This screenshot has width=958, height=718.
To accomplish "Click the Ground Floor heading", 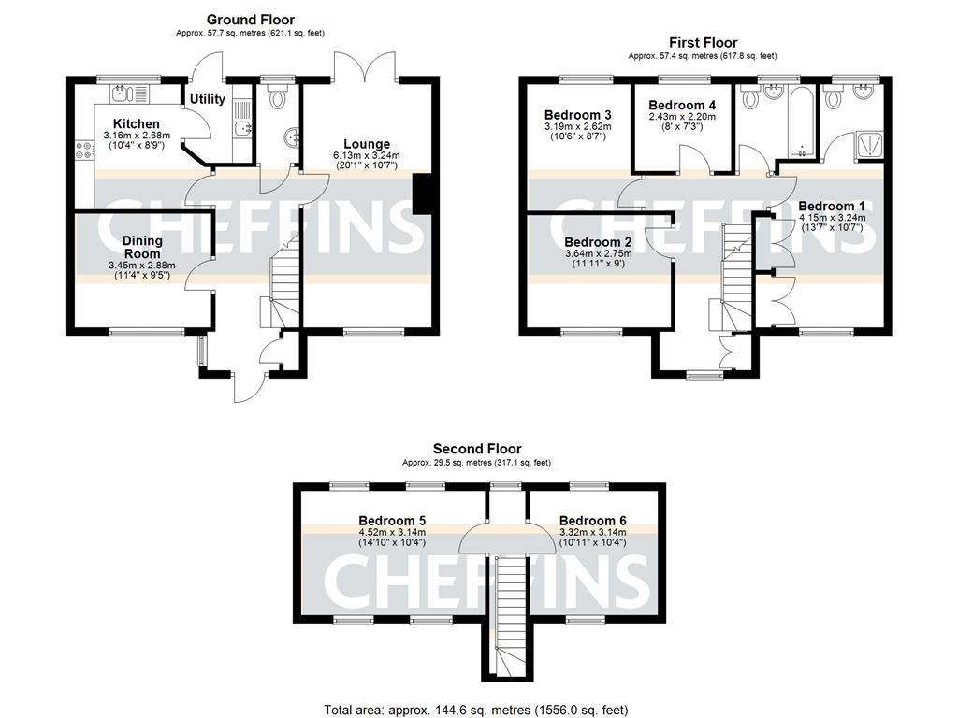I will [x=250, y=19].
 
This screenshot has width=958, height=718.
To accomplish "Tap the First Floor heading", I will [x=703, y=42].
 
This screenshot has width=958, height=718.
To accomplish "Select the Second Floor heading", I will [x=476, y=449].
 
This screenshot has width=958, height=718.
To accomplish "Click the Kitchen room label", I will [x=137, y=123].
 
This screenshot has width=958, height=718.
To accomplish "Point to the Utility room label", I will [x=207, y=99].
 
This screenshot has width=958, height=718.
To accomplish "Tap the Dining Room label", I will [x=142, y=247].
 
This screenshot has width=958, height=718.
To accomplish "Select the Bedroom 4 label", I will [x=682, y=105].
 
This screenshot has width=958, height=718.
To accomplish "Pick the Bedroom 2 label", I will [x=598, y=242].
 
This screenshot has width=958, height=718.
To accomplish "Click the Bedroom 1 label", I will [x=832, y=206].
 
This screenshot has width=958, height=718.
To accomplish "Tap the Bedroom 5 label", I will [x=392, y=521].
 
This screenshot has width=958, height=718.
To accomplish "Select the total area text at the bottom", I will [x=476, y=710].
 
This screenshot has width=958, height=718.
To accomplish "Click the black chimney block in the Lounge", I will [x=423, y=194].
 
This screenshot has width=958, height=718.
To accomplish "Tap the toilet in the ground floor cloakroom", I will [x=279, y=99].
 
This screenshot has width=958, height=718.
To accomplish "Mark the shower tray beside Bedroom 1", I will [x=868, y=145].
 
